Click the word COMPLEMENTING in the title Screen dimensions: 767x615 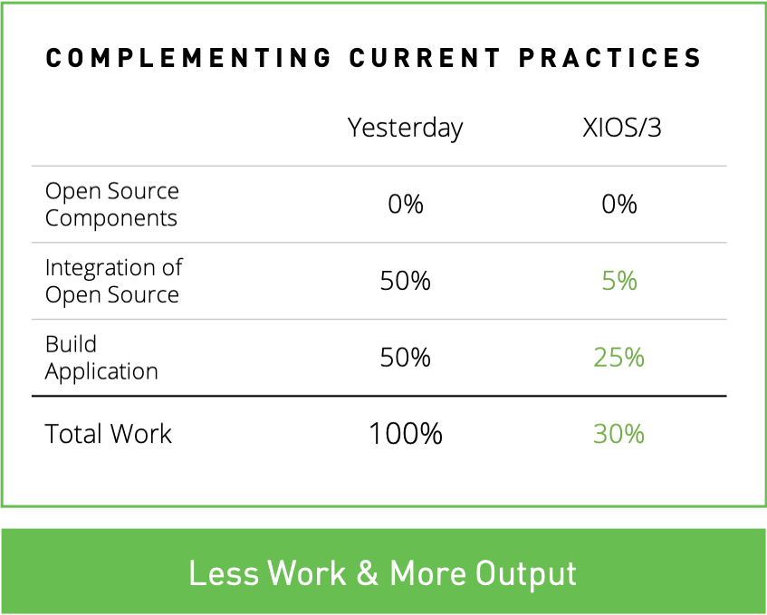[x=189, y=58]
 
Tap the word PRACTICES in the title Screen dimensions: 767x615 [x=610, y=58]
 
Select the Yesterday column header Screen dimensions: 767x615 [x=405, y=129]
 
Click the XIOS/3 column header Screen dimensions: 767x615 [x=622, y=128]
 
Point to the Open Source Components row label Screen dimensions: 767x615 [x=112, y=205]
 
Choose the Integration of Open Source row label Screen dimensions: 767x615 [x=113, y=281]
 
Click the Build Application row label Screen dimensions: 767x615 [x=101, y=358]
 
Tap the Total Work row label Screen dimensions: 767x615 [x=108, y=434]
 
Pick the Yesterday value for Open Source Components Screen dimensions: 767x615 [x=406, y=204]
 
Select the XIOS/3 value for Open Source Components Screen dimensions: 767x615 [x=619, y=204]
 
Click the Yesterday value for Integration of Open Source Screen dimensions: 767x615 [x=406, y=281]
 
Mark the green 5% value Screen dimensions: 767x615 [x=619, y=281]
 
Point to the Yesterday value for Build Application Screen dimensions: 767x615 [x=406, y=357]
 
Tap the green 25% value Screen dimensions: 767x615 [x=618, y=357]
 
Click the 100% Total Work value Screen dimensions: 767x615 [x=406, y=434]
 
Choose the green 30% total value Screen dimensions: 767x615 [x=618, y=434]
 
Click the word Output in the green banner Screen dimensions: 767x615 [x=526, y=574]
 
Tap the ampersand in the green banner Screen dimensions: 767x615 [x=368, y=572]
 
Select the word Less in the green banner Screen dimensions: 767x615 [x=224, y=572]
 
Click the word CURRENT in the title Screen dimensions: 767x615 [x=425, y=58]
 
